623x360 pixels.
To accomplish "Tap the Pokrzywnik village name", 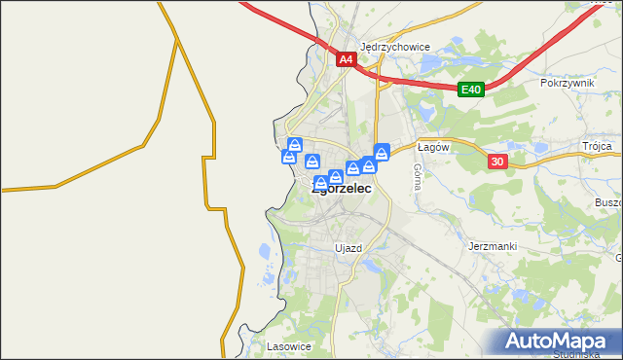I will [567, 84].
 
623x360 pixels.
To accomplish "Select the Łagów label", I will [431, 147].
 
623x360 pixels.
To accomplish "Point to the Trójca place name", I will [598, 146].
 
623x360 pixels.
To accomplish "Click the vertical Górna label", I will [418, 176].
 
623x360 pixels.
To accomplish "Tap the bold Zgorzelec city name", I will [342, 190].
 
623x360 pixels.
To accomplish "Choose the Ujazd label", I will [348, 248].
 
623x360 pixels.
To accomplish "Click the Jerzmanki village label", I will [492, 246].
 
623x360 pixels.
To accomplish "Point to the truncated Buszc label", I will [605, 202].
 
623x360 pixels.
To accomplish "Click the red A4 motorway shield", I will [347, 59].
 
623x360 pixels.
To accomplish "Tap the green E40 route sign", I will [471, 90].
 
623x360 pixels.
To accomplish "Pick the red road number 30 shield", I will [496, 162].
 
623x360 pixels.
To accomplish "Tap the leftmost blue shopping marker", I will [289, 157].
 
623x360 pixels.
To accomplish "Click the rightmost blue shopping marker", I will [382, 151].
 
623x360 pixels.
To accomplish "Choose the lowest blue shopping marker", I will [320, 183].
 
